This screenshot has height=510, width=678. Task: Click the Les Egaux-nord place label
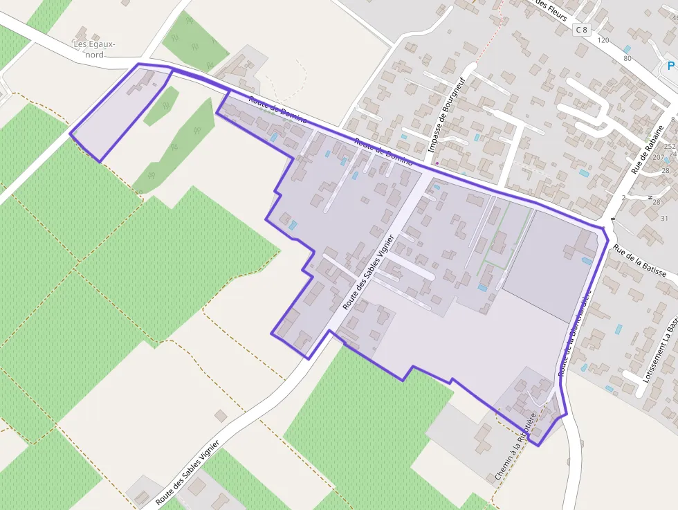pyautogui.click(x=95, y=49)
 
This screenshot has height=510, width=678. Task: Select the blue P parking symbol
pyautogui.click(x=670, y=66)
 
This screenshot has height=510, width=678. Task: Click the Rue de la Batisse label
pyautogui.click(x=639, y=263)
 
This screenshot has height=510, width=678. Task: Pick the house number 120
pyautogui.click(x=603, y=41)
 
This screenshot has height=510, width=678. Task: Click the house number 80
pyautogui.click(x=627, y=58)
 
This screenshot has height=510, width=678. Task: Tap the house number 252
pyautogui.click(x=669, y=147)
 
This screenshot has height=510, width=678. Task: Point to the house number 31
pyautogui.click(x=665, y=219)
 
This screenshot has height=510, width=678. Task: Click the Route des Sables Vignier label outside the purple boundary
pyautogui.click(x=187, y=472)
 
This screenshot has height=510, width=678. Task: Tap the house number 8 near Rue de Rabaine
pyautogui.click(x=672, y=120)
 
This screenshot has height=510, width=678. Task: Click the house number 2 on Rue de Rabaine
pyautogui.click(x=623, y=198)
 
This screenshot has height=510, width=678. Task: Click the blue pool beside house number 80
pyautogui.click(x=627, y=48)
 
